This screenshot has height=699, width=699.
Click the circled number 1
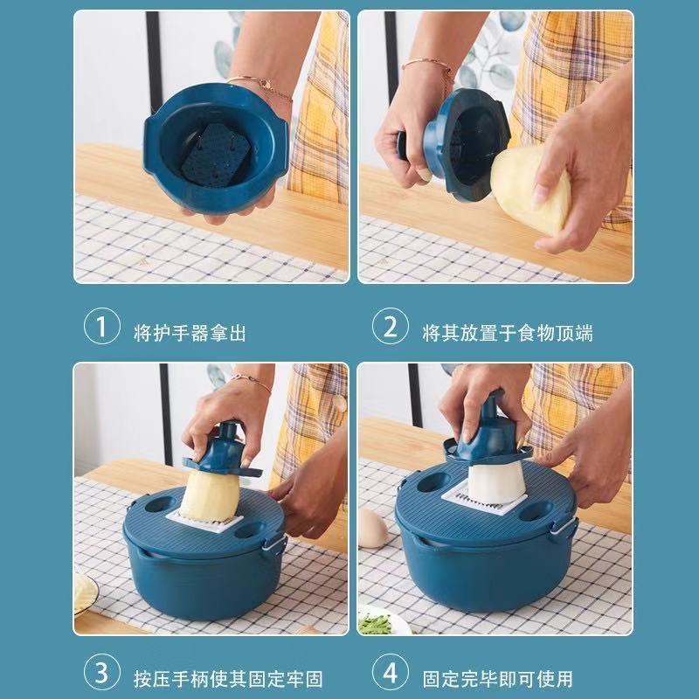(x=102, y=326)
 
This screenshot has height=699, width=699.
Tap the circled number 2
(x=390, y=326)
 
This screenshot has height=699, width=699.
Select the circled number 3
(x=102, y=672)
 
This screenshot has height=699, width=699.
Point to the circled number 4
(x=390, y=672)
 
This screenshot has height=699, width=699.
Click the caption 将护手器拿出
(x=190, y=333)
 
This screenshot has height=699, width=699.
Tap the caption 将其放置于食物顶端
(x=508, y=333)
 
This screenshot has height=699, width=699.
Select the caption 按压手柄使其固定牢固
(x=228, y=679)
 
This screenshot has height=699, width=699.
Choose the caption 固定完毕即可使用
(x=497, y=679)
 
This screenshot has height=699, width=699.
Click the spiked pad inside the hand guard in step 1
(x=216, y=154)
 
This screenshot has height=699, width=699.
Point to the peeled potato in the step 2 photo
(x=529, y=190)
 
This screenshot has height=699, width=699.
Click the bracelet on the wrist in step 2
(x=428, y=65)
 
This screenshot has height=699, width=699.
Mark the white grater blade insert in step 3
(x=205, y=523)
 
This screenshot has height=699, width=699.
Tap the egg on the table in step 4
(x=372, y=528)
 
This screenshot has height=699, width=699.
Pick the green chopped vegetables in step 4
(x=376, y=623)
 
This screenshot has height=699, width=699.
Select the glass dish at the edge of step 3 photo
(x=86, y=593)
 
